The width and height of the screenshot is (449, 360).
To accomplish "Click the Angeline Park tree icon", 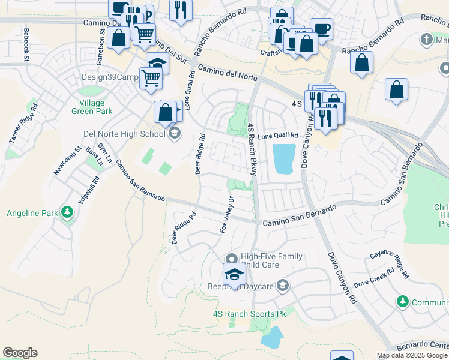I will click(67, 212).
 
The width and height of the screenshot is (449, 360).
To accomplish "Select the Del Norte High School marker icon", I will click(175, 133).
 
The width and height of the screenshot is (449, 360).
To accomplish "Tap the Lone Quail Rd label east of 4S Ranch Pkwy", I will click(278, 136).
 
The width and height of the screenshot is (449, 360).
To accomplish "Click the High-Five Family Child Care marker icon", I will click(235, 257).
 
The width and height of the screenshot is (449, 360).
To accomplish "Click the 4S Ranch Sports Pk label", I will click(249, 314).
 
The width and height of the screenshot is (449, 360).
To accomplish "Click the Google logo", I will click(20, 353).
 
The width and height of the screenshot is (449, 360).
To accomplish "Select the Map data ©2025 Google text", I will click(412, 355).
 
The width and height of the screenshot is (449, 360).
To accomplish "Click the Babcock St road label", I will click(26, 44).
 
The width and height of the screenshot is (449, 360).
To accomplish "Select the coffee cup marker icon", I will click(321, 29).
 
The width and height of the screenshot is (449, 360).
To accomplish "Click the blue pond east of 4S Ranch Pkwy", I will click(284, 158).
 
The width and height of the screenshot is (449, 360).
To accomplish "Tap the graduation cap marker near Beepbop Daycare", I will click(234, 274).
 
